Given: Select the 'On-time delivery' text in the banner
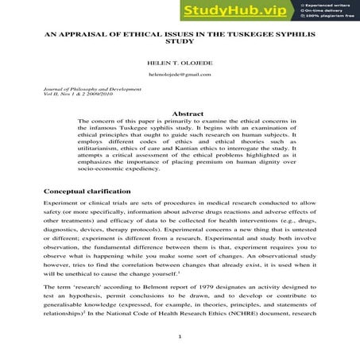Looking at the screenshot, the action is tap(323, 11).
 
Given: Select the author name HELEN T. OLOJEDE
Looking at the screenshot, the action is tap(180, 61).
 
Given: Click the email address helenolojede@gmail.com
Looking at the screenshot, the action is tap(180, 74).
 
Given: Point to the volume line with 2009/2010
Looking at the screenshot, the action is tap(79, 96).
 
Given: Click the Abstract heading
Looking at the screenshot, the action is tap(180, 113).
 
